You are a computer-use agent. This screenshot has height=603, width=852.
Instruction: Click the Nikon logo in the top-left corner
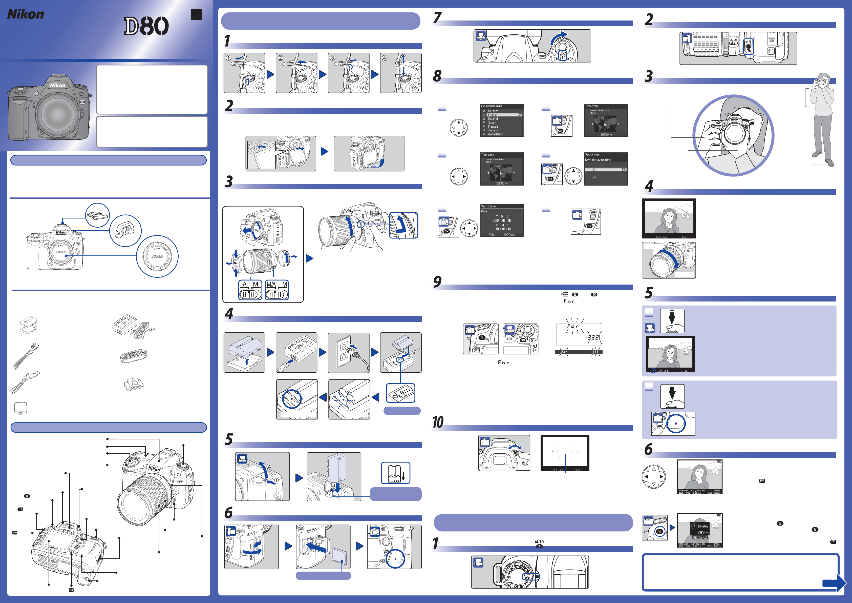(26, 14)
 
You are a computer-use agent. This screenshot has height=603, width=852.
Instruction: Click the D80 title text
(146, 26)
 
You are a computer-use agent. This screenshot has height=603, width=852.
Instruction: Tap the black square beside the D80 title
(196, 14)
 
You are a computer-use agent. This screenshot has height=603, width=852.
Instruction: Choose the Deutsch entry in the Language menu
(493, 111)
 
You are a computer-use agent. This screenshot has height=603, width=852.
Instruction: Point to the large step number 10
(438, 422)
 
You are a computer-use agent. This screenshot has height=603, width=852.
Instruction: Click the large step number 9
(437, 282)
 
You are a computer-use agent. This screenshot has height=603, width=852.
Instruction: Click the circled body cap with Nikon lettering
(157, 256)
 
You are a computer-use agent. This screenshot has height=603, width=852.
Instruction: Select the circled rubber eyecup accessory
(125, 231)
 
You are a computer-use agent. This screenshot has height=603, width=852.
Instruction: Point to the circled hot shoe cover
(98, 215)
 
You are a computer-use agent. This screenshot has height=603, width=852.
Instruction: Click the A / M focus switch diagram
(250, 290)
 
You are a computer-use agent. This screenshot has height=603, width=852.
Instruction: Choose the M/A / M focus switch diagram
(277, 290)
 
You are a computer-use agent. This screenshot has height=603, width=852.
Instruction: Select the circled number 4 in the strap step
(385, 58)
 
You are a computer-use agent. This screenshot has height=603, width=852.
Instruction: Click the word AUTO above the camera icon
(539, 542)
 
